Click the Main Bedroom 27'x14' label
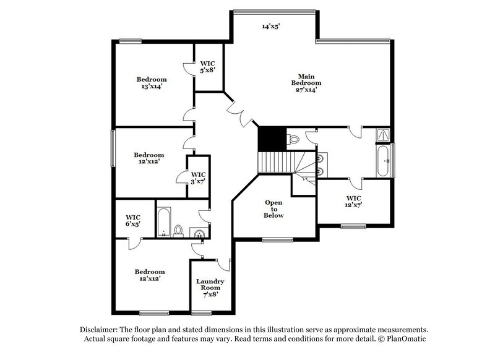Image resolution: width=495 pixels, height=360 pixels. tap(306, 83)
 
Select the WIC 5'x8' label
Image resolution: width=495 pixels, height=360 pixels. tap(207, 67)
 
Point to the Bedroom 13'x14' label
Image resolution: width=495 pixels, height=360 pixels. tap(152, 83)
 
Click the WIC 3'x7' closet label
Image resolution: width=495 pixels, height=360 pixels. tap(198, 179)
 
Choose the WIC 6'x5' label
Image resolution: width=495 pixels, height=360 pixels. tap(133, 221)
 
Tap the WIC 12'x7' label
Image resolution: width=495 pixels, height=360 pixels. tap(353, 201)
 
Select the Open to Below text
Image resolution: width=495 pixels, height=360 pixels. tap(273, 209)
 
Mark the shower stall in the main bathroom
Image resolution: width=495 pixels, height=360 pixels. tap(384, 134)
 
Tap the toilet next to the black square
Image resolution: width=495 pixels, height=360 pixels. tap(294, 140)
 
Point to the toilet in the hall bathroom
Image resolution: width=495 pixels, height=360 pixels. tap(178, 231)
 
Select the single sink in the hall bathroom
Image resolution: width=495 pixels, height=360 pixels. tap(199, 233)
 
